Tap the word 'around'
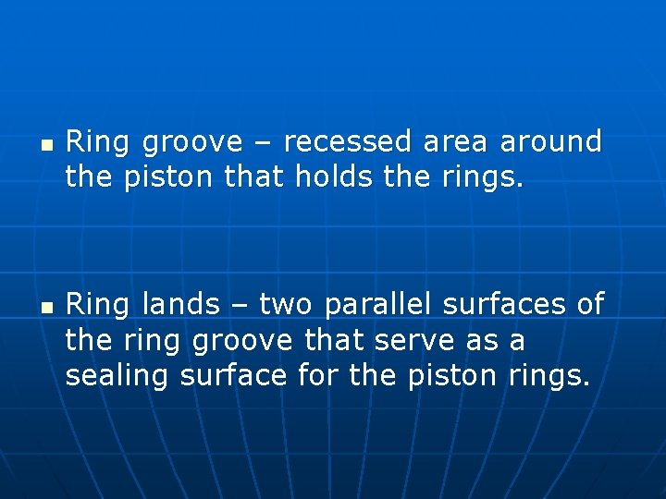[x=551, y=142]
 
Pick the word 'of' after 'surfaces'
[x=590, y=304]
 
